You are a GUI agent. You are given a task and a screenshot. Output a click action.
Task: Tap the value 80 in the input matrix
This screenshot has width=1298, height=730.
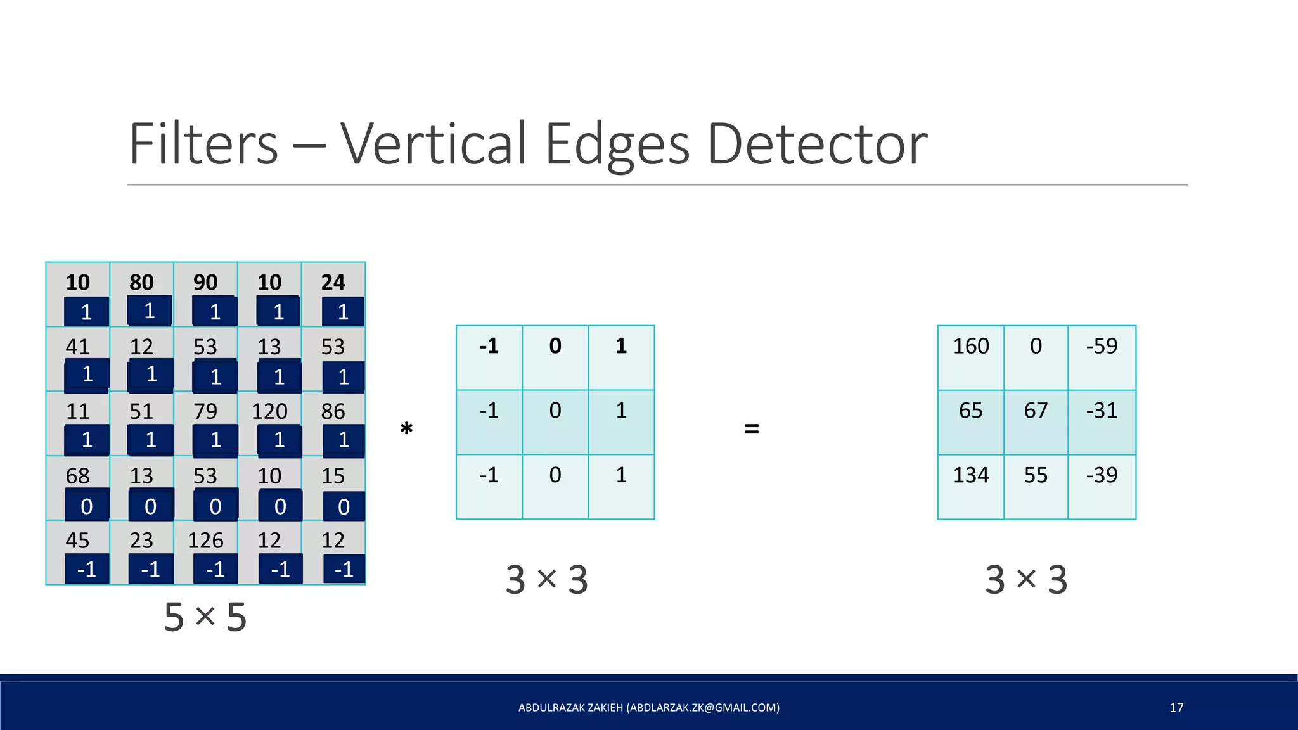[141, 282]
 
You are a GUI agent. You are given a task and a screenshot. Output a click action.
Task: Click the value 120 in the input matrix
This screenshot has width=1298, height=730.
[269, 411]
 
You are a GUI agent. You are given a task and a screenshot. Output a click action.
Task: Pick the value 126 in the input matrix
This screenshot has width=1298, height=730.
[205, 541]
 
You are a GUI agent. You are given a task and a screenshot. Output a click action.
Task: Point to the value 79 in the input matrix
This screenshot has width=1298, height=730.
[205, 411]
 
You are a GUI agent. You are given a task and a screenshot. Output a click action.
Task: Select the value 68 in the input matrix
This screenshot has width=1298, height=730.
[78, 476]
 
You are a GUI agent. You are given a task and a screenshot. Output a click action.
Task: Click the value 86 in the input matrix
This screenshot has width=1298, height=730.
[333, 411]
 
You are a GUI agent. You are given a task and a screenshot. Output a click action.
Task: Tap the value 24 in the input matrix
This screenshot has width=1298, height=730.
[333, 282]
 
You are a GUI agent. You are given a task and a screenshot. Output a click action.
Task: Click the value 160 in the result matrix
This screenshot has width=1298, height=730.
[971, 346]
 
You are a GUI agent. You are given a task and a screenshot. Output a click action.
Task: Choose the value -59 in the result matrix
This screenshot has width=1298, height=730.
[1102, 346]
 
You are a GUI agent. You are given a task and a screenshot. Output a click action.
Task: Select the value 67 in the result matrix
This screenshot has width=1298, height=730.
[1036, 411]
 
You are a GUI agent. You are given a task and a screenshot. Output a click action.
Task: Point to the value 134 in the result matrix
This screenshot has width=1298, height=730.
[971, 475]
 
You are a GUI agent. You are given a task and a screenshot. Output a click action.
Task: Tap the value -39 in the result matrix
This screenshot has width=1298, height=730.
[1102, 475]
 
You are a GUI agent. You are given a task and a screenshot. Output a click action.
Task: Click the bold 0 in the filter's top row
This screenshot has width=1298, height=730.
[555, 346]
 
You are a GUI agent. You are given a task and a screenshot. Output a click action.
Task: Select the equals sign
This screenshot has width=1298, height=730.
[752, 430]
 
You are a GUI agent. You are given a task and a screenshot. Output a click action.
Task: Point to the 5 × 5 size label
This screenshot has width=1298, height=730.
[205, 617]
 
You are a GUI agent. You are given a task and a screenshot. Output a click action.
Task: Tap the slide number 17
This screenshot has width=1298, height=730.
[1176, 708]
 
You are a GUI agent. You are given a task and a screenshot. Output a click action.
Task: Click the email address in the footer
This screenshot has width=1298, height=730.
[703, 708]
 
